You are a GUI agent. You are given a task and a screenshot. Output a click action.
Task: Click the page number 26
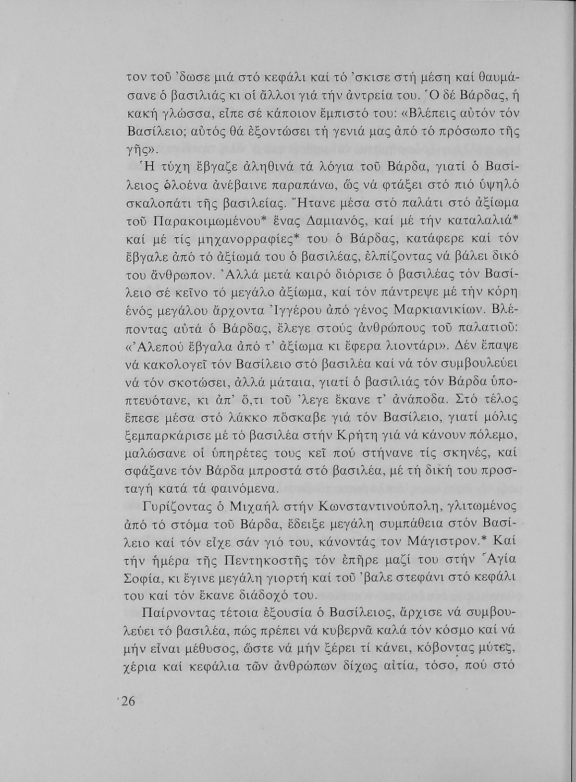coord(127,701)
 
